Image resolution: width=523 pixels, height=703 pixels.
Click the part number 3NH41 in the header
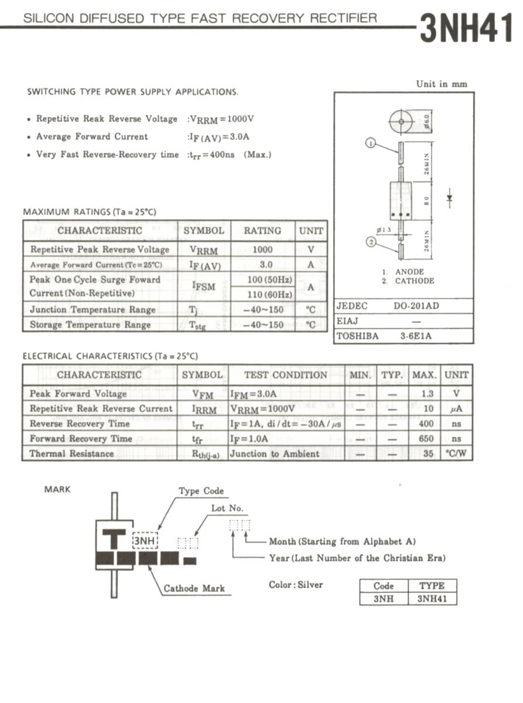click(466, 28)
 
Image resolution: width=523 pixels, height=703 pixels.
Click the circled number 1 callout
click(370, 142)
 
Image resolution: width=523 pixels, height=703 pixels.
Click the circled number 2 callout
click(370, 241)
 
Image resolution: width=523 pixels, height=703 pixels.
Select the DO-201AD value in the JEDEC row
click(416, 306)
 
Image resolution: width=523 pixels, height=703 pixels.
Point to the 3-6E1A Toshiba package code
click(416, 336)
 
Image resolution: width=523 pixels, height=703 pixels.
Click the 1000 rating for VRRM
click(262, 250)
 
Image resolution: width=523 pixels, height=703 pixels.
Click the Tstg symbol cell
click(200, 325)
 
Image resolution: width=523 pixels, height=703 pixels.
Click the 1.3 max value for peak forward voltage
click(428, 394)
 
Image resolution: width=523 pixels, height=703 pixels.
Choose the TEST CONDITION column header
click(286, 375)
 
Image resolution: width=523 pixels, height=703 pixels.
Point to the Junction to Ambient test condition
click(275, 453)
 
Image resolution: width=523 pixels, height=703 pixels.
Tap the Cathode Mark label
click(194, 588)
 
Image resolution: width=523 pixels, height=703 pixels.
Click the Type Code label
click(201, 491)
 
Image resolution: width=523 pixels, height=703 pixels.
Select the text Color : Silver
click(296, 584)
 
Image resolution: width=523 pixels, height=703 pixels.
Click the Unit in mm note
click(442, 84)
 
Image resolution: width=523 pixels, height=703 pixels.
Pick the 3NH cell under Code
click(384, 599)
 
